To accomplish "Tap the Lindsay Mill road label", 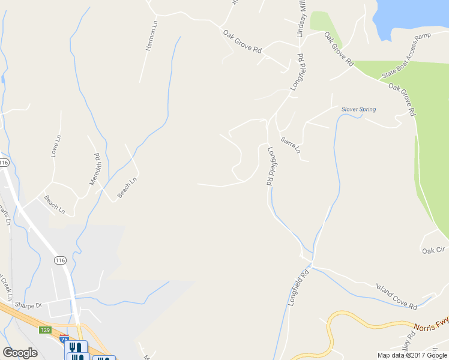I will (301, 19).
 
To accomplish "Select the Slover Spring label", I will (358, 109).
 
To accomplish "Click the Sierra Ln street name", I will (291, 144).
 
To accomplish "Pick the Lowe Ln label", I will (56, 146).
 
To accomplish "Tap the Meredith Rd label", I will (95, 169).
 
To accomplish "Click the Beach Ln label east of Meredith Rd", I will (127, 187).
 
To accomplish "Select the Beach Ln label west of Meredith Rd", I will (54, 205).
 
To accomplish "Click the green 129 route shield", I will (46, 330).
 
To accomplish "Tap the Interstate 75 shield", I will (64, 339).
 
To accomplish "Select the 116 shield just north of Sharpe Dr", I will (59, 260).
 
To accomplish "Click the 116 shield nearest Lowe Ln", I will (4, 163).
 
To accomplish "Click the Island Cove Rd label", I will (396, 296).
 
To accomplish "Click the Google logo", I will (20, 353).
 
